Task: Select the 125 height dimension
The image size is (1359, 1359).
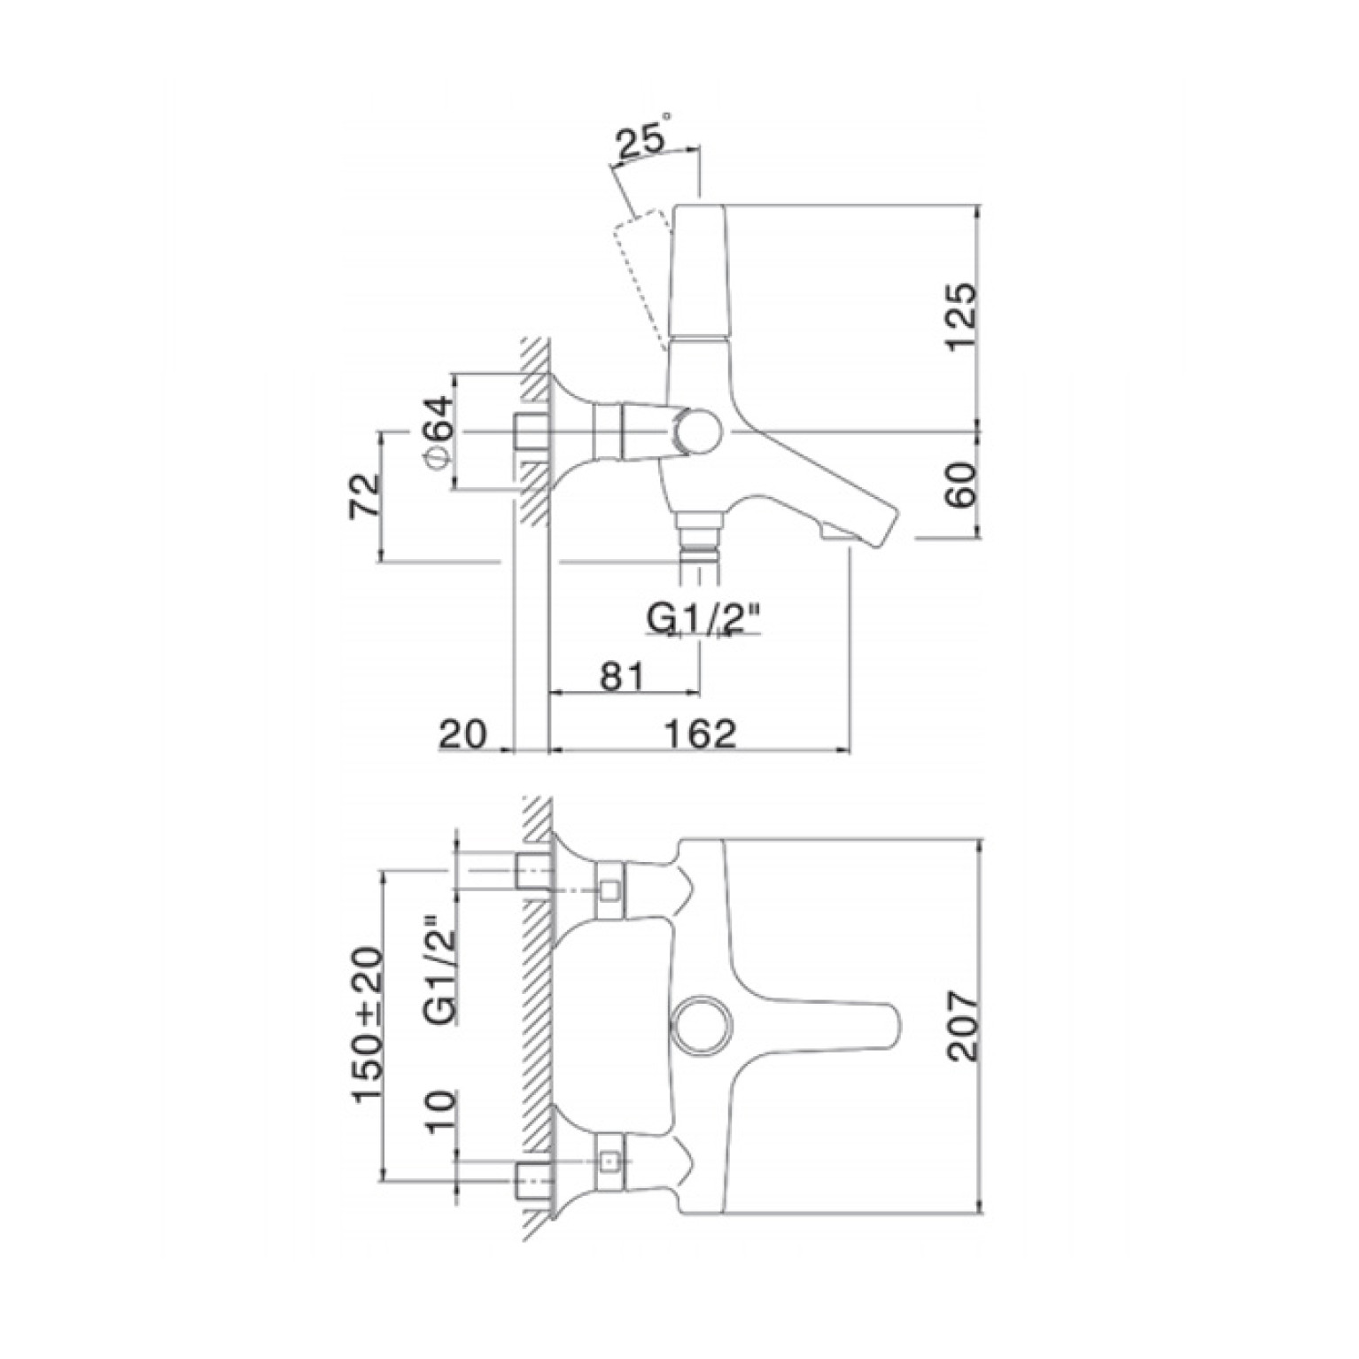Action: (x=961, y=317)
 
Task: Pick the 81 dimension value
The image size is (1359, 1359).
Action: (x=622, y=676)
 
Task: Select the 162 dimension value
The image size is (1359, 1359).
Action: (x=701, y=734)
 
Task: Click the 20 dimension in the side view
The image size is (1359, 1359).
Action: (x=463, y=734)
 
